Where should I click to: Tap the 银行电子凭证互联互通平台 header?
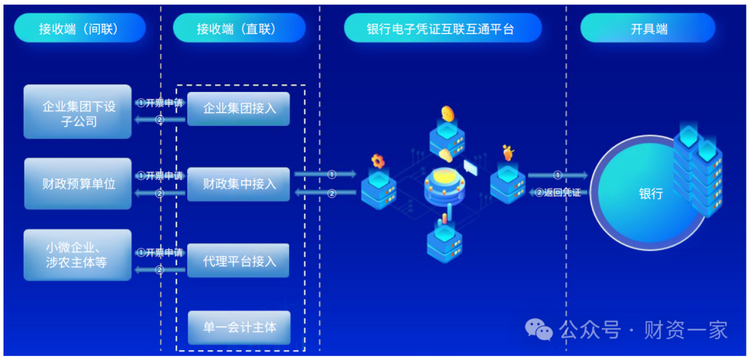click(442, 29)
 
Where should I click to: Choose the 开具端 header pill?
click(648, 29)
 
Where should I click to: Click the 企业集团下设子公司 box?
click(78, 113)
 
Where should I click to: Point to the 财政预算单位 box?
click(78, 184)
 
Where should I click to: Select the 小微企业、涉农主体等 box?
click(78, 255)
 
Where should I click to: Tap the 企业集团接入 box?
click(238, 109)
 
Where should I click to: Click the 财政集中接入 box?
click(238, 184)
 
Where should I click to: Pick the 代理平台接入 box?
click(238, 261)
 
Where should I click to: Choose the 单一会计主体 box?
click(238, 327)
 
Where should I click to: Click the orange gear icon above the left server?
click(378, 161)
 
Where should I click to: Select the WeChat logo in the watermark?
click(538, 329)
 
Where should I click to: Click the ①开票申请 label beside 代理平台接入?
click(159, 253)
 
